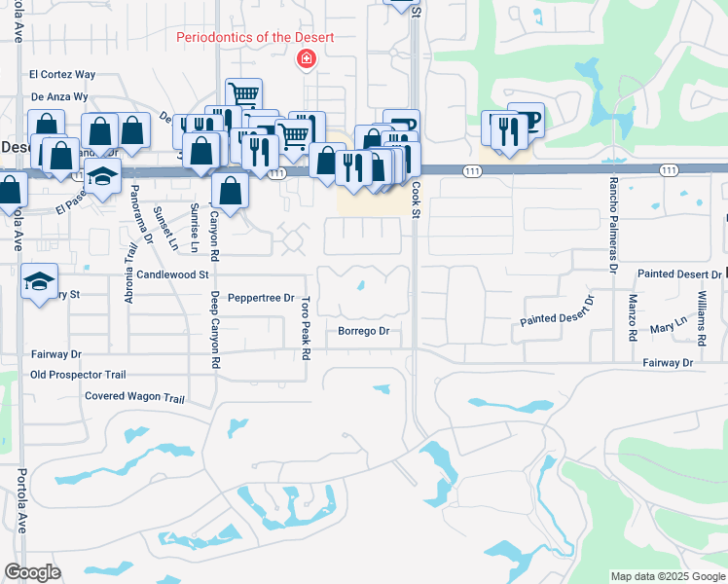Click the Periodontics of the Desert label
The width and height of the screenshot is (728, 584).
(255, 38)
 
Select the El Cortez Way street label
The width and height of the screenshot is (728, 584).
(62, 74)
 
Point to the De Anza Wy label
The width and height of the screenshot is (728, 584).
(60, 97)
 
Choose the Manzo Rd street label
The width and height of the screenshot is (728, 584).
(633, 317)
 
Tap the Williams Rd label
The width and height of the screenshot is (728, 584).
(701, 318)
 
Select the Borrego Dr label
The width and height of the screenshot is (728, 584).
(363, 332)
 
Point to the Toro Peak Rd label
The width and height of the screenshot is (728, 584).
(306, 328)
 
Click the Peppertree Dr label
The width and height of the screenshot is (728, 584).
(260, 298)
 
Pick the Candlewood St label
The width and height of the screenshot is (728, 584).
(173, 275)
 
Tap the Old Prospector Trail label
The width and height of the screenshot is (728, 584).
(78, 375)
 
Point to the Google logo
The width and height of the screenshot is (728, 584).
(32, 572)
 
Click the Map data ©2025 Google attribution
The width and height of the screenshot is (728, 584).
(667, 576)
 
